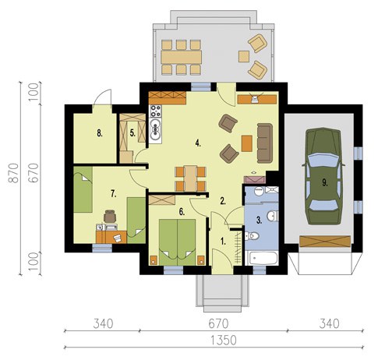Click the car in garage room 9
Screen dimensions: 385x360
tap(323, 176)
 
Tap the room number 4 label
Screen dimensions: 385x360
tap(198, 143)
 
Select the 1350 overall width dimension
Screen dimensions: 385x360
tap(223, 341)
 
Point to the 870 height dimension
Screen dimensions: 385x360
tap(13, 173)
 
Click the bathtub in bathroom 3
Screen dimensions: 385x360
tap(262, 258)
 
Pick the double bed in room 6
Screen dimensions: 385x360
tap(177, 242)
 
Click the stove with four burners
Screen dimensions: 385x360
tap(155, 111)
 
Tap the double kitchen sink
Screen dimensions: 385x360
tap(155, 131)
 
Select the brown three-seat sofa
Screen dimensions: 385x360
tap(265, 143)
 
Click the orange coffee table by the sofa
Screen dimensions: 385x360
tap(247, 143)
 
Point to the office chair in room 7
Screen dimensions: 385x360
tap(110, 217)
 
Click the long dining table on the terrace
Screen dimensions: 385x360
tap(181, 57)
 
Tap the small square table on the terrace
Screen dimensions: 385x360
tap(244, 56)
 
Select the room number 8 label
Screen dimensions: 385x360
tap(100, 133)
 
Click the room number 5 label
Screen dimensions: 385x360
tap(132, 133)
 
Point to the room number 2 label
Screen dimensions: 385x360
tap(223, 201)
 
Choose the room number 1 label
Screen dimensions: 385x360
tap(223, 242)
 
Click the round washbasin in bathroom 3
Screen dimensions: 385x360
tap(259, 191)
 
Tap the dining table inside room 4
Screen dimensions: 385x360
tap(191, 178)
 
